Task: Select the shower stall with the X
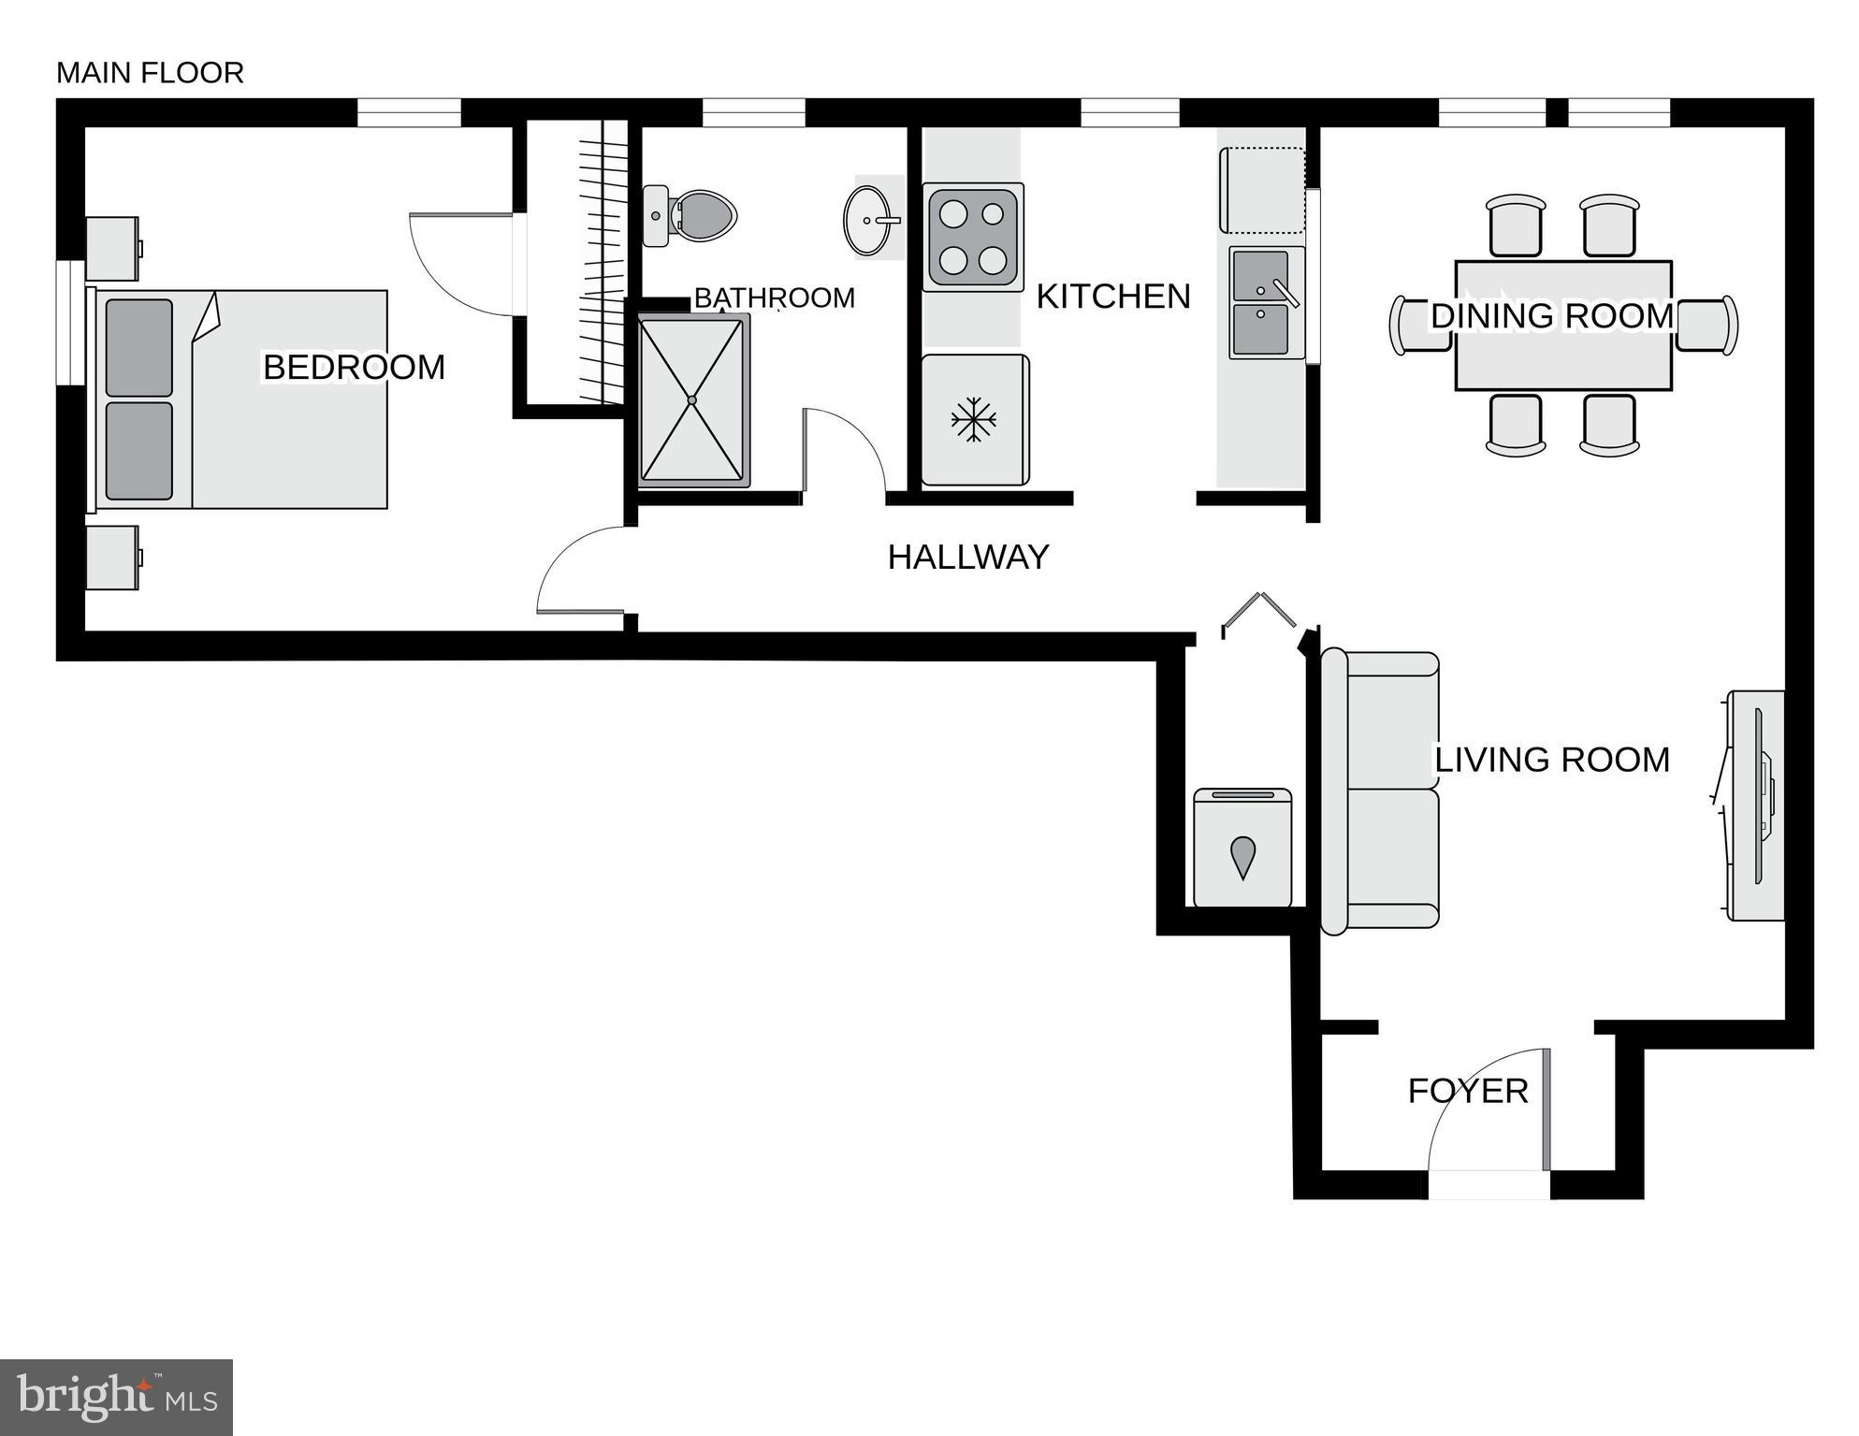(x=692, y=400)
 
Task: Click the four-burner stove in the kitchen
(x=973, y=238)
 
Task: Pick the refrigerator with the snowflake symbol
(x=974, y=420)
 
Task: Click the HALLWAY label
(x=968, y=558)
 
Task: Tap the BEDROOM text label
(x=354, y=368)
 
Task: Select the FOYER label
(x=1467, y=1091)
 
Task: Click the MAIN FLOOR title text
(x=150, y=73)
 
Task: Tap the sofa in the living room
(x=1380, y=791)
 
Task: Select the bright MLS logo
(x=116, y=1398)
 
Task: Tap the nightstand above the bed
(x=112, y=249)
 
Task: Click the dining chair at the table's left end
(x=1420, y=325)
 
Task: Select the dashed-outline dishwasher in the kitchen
(x=1261, y=191)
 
